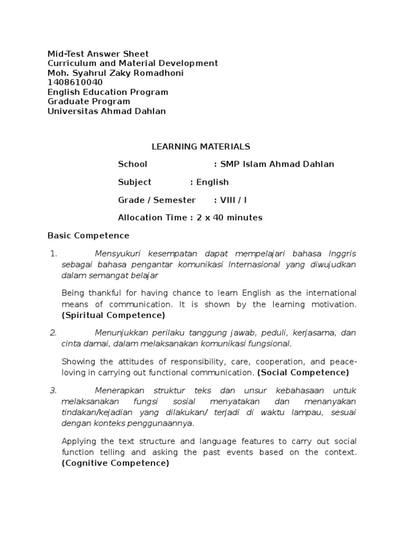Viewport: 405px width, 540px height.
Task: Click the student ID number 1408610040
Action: point(75,82)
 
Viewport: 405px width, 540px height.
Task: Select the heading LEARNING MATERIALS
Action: point(201,146)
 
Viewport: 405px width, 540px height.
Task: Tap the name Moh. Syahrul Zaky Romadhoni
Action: point(115,73)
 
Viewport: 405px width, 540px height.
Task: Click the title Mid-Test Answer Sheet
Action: point(98,54)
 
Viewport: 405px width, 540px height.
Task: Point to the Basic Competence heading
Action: point(88,235)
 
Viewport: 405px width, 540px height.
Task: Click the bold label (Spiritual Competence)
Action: point(113,315)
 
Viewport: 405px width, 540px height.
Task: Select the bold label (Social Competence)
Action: point(303,372)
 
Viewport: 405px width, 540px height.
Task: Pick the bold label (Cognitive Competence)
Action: point(115,464)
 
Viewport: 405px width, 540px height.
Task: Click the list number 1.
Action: point(53,254)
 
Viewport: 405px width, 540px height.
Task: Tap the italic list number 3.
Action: point(53,391)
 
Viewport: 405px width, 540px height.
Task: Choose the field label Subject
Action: point(134,182)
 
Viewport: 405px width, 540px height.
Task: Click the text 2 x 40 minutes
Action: point(228,218)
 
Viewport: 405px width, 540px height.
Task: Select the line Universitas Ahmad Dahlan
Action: point(107,111)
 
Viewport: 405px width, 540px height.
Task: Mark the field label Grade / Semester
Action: point(157,200)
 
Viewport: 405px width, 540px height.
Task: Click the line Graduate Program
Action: point(89,101)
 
